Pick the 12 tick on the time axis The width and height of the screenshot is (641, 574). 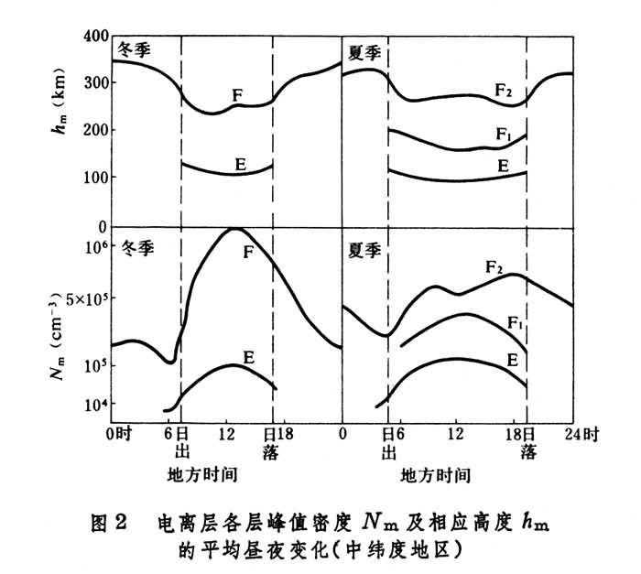pyautogui.click(x=455, y=431)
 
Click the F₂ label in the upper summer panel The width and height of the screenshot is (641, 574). pyautogui.click(x=504, y=90)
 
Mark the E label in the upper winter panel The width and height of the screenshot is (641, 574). pyautogui.click(x=240, y=164)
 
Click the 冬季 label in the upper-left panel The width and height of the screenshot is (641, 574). pyautogui.click(x=133, y=50)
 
